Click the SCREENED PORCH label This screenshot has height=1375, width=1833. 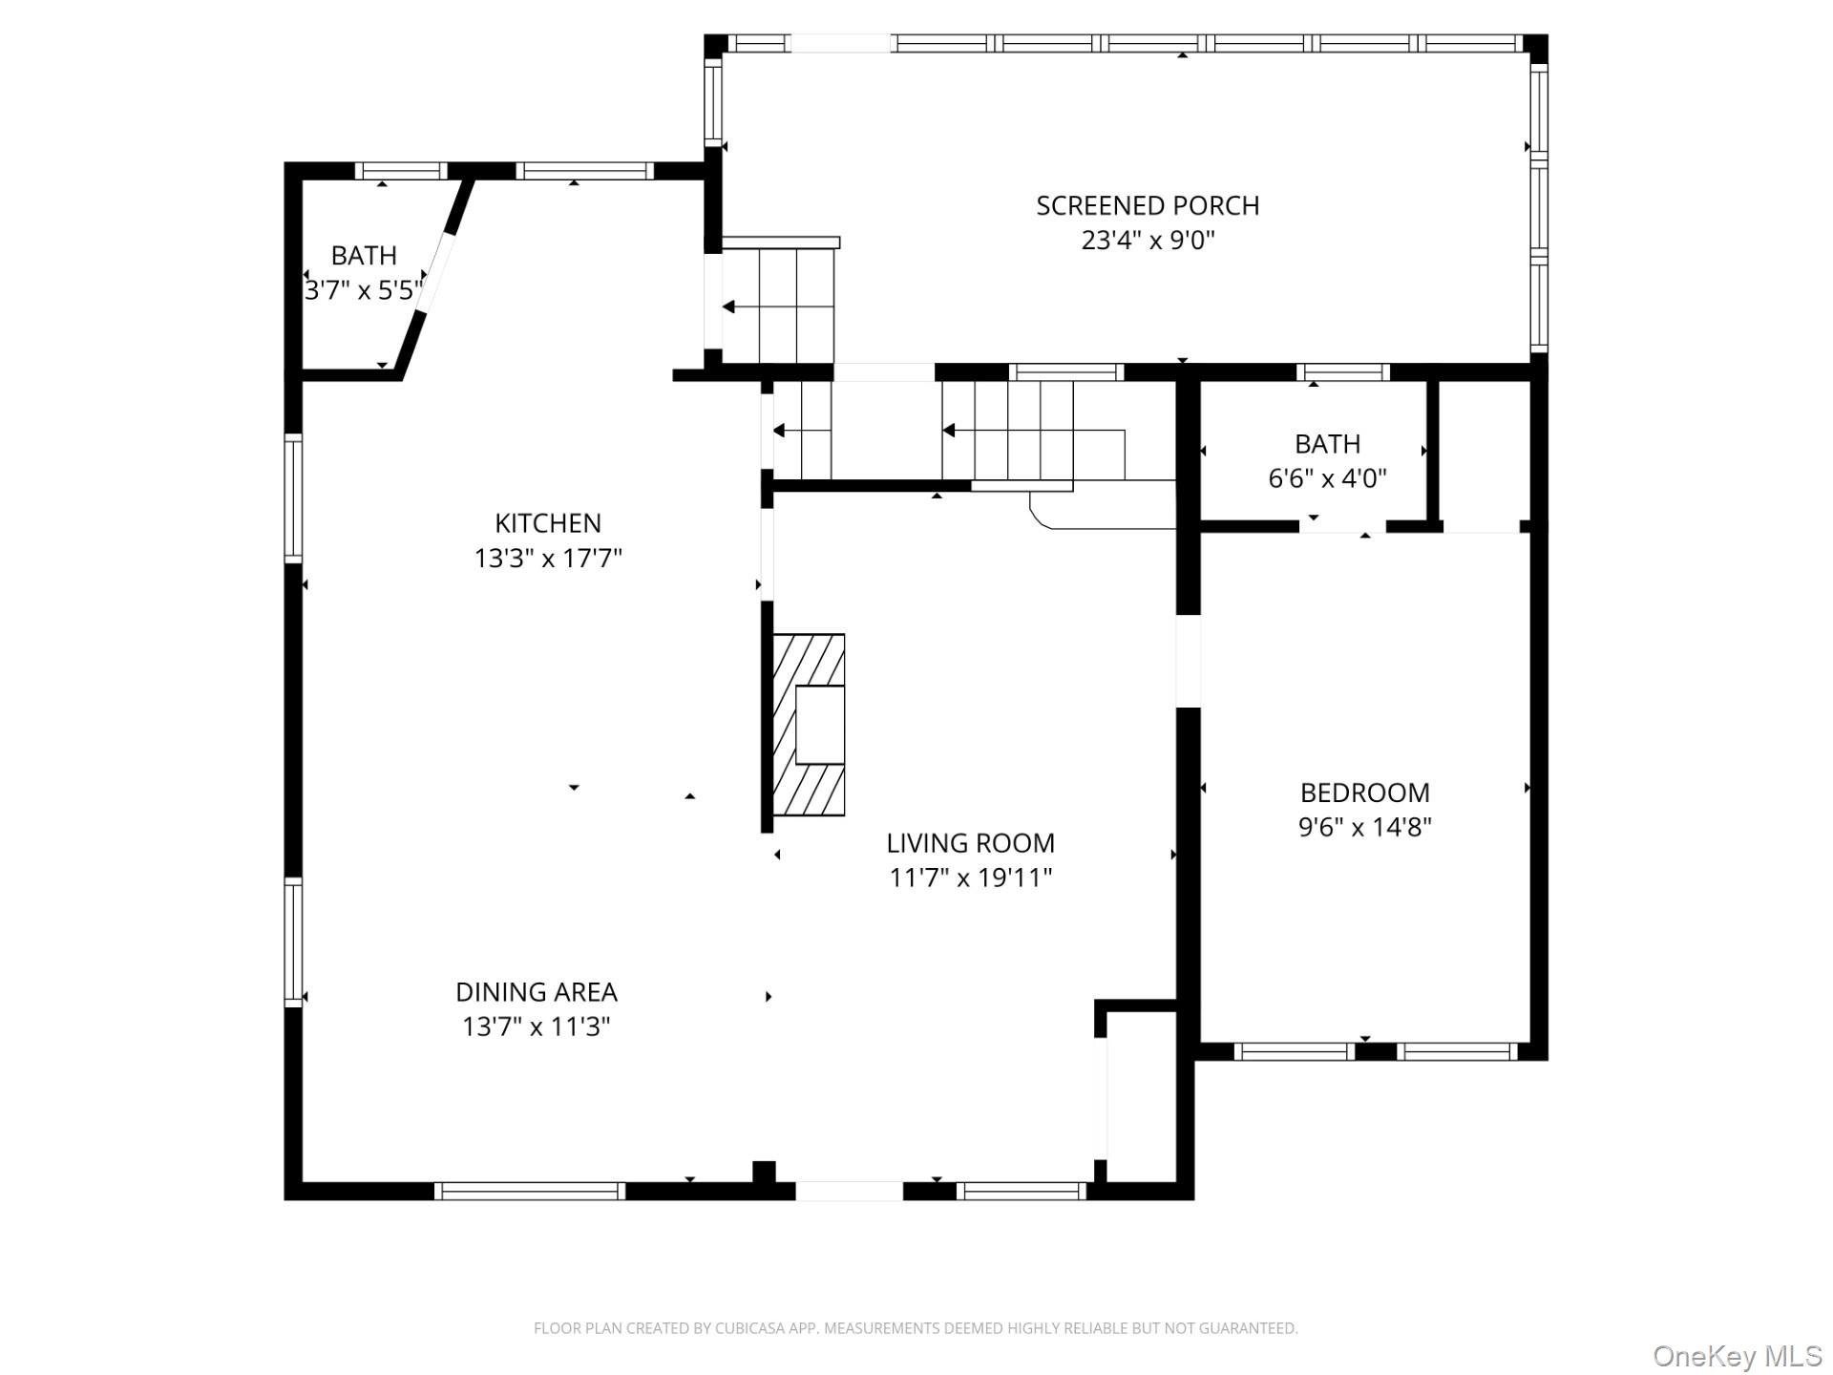[1148, 205]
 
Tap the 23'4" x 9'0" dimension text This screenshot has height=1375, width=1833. [1148, 241]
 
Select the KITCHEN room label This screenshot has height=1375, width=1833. [547, 523]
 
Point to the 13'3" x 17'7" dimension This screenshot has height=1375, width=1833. [547, 559]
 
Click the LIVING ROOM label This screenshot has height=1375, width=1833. [970, 843]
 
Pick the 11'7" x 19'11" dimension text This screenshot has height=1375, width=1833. [970, 878]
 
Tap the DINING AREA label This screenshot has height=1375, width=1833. [536, 992]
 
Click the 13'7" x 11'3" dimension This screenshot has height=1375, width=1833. [536, 1027]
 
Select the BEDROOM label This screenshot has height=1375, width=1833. [1364, 793]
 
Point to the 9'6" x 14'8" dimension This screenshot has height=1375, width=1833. [1364, 827]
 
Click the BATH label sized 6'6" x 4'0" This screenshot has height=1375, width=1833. [1327, 444]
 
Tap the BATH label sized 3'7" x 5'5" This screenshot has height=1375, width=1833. [363, 256]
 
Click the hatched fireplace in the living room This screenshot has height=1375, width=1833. [808, 724]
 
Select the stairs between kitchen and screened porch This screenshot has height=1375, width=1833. [778, 306]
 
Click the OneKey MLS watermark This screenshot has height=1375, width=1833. [1737, 1356]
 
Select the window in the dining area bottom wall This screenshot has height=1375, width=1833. [530, 1191]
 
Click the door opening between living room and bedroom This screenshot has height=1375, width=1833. [1187, 662]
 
